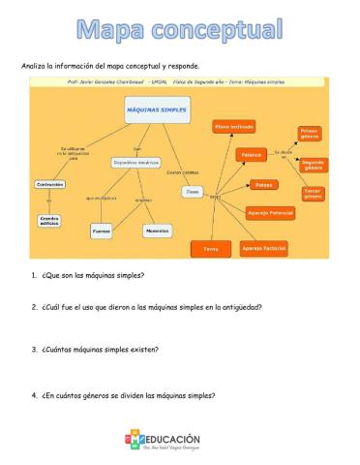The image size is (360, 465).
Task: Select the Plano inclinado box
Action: pos(235,127)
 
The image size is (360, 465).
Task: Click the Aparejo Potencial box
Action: pos(270,212)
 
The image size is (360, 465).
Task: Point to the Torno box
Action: pos(210,250)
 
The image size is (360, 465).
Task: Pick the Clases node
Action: pos(193,192)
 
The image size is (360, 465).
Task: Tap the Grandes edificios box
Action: pos(49,220)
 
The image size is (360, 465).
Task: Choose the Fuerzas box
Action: pos(102,232)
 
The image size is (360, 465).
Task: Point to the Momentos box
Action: pos(157,231)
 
